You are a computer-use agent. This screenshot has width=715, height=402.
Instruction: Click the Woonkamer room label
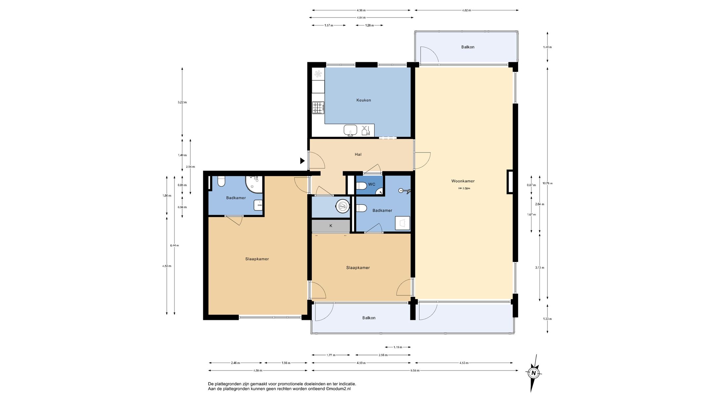point(463,181)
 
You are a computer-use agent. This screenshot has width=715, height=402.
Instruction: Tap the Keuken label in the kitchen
point(363,100)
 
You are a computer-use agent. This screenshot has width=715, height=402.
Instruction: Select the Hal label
point(358,154)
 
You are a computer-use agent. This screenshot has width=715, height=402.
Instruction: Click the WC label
point(372,184)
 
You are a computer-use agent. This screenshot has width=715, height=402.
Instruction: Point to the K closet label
point(331,226)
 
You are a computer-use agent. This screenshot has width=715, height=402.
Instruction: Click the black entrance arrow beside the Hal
point(302,161)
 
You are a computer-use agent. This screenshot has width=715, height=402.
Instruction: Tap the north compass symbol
point(533,373)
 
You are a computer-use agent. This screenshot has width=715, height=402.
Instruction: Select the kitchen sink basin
point(350,130)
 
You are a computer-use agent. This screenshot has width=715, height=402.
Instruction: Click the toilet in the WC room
point(361,186)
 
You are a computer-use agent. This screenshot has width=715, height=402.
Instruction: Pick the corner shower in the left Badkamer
point(254,184)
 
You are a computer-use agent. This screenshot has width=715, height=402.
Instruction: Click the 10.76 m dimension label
point(548,183)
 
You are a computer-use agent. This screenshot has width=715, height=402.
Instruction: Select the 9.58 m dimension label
point(415,371)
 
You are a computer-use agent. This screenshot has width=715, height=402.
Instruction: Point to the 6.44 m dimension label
point(174,246)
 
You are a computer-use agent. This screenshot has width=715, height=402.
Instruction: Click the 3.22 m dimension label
point(182,102)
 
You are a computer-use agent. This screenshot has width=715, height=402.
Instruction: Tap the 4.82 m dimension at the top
point(466,10)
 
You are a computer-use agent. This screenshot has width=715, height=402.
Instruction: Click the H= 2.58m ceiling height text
point(464,189)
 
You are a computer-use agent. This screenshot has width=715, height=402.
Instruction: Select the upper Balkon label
point(468,47)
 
